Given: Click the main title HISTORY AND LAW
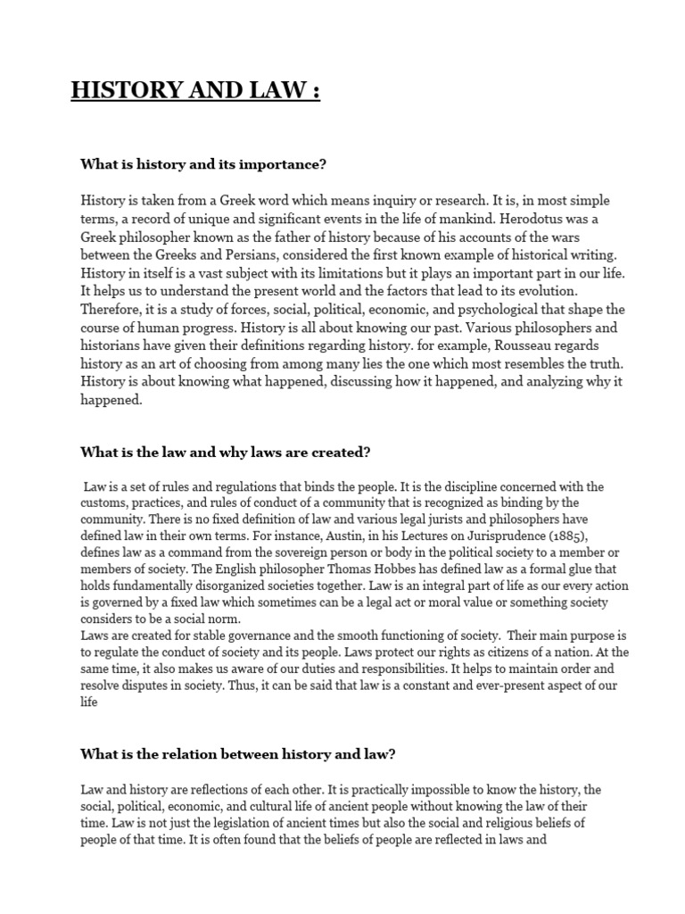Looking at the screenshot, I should (195, 91).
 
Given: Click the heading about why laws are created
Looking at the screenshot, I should (225, 452).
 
